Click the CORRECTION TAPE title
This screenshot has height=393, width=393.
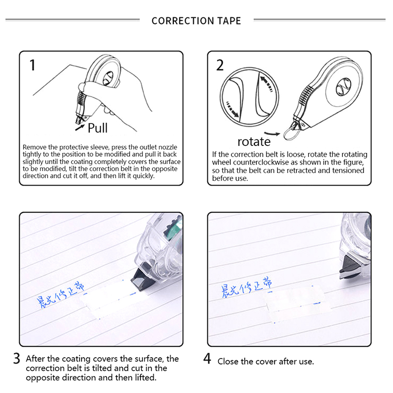(196, 21)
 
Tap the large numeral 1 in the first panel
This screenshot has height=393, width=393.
(32, 65)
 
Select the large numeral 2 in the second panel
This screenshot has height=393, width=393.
(220, 65)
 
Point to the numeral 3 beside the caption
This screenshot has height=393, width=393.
(17, 359)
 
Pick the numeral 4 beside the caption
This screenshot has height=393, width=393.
(207, 359)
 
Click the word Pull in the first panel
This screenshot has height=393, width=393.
(97, 128)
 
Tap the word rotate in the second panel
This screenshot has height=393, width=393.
(254, 142)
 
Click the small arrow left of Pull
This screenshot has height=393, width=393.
(80, 128)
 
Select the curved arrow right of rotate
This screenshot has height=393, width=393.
(272, 134)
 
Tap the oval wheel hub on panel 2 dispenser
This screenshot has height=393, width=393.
(343, 86)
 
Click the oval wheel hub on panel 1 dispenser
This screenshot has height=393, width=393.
(108, 78)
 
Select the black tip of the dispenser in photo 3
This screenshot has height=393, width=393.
(142, 279)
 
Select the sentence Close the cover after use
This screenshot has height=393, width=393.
(266, 362)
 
